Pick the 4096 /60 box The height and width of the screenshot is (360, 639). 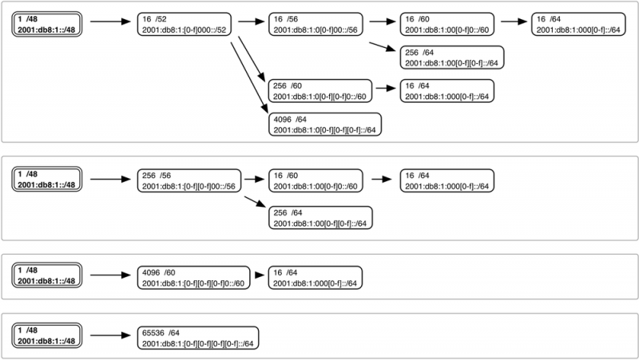[x=192, y=276]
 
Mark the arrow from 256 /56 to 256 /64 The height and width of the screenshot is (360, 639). [x=255, y=204]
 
